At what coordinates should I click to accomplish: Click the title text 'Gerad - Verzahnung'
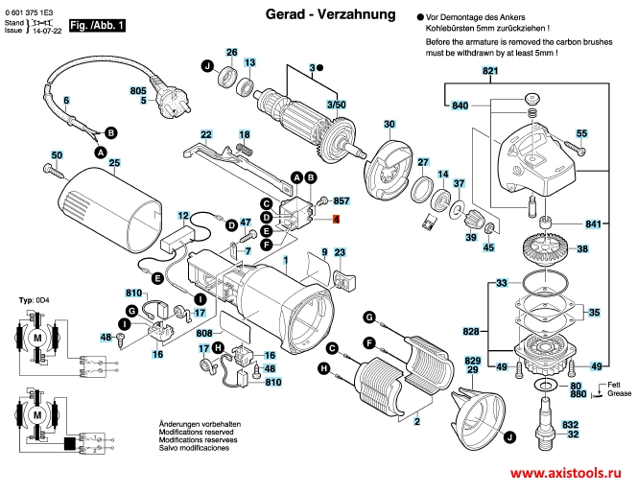click(x=316, y=15)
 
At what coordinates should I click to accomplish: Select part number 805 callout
click(x=138, y=89)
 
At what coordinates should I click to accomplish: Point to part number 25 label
click(x=113, y=163)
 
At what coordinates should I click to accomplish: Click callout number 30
click(x=389, y=125)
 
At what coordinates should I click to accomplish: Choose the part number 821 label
click(x=491, y=73)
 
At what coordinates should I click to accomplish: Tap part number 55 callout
click(x=581, y=133)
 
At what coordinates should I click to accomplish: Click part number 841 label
click(x=594, y=224)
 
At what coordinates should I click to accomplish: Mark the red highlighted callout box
click(x=336, y=220)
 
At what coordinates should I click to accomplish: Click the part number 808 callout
click(x=203, y=334)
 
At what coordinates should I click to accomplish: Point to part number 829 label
click(x=472, y=358)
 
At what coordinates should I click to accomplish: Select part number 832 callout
click(x=571, y=424)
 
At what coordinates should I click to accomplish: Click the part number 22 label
click(x=205, y=134)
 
